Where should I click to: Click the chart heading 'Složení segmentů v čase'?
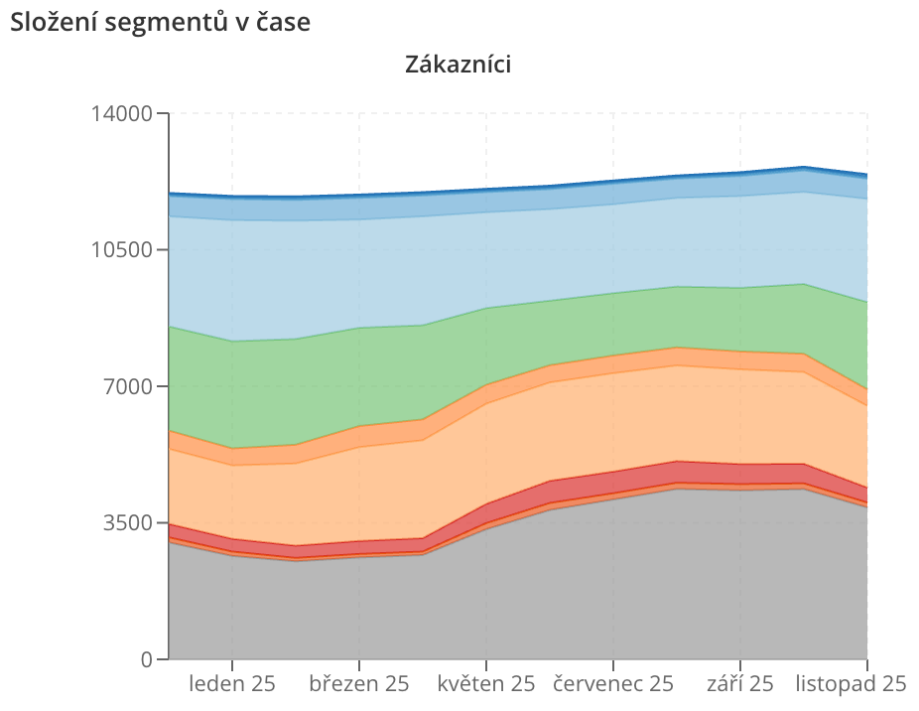click(160, 22)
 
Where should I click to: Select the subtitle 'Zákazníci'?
click(458, 64)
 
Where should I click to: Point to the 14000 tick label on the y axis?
click(121, 113)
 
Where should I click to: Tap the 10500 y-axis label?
click(121, 250)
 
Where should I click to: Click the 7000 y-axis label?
click(128, 386)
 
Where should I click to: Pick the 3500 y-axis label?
click(128, 522)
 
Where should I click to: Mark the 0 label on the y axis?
click(147, 659)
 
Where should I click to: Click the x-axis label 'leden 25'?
click(232, 684)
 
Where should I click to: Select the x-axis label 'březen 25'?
click(358, 684)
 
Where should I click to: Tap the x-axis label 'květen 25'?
click(486, 684)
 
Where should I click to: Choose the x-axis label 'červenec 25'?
click(613, 684)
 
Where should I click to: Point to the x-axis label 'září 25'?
click(739, 684)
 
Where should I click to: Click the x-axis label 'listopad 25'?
click(851, 684)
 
